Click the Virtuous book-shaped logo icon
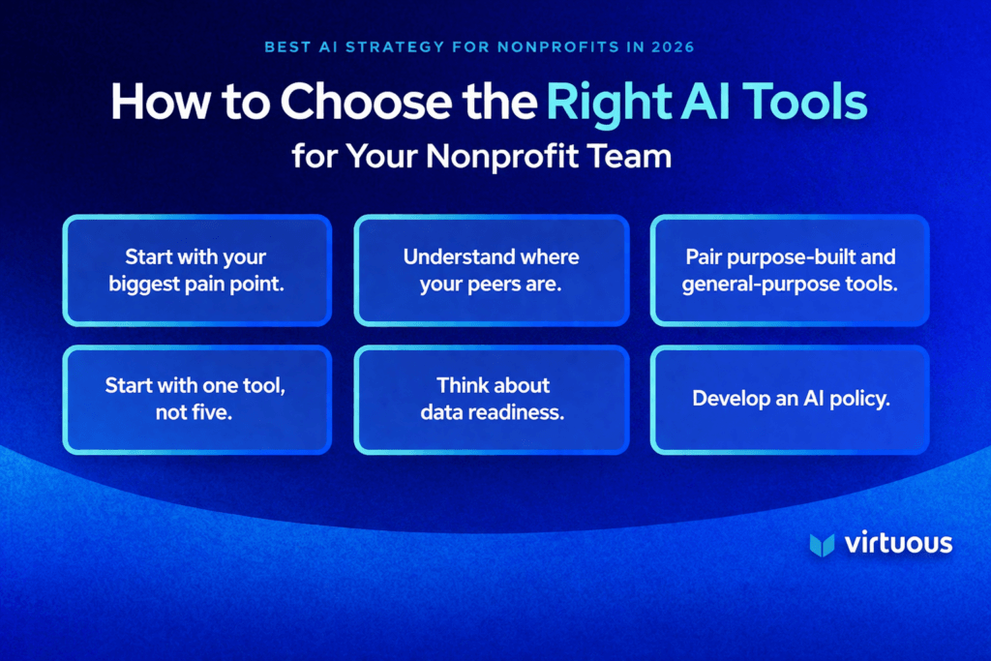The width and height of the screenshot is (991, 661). [x=822, y=544]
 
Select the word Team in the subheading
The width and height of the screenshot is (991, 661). [x=633, y=155]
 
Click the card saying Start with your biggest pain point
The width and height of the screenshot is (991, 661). [x=197, y=269]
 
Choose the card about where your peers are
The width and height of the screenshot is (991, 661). [x=492, y=269]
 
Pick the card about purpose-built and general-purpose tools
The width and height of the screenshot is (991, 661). [x=790, y=269]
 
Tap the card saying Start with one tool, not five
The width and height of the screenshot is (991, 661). [x=197, y=399]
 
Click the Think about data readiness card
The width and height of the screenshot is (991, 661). [x=492, y=399]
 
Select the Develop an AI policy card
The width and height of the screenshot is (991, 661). [x=790, y=399]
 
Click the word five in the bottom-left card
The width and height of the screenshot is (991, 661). [x=219, y=411]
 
